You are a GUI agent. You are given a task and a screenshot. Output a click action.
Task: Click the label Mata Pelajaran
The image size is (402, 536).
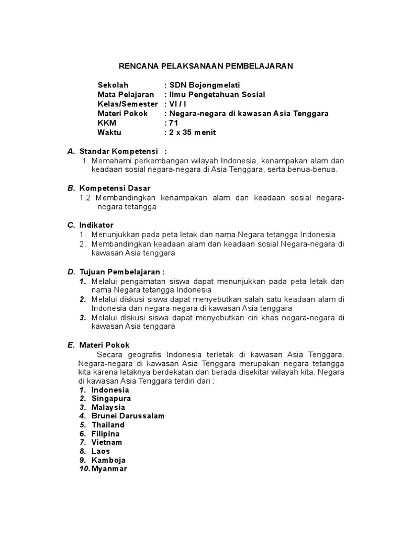pos(126,95)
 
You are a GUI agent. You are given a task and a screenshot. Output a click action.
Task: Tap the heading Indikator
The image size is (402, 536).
pos(96,225)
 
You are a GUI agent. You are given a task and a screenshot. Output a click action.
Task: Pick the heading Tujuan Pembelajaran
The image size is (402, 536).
pos(122,272)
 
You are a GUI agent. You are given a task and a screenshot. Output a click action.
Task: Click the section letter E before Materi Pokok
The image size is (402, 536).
pos(70,345)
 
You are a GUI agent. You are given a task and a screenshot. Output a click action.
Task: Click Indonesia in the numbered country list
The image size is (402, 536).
pos(110,390)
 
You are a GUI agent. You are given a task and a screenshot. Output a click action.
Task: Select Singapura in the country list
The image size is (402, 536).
pos(111,399)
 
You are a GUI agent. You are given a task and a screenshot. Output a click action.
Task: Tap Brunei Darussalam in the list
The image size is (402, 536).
pos(128,416)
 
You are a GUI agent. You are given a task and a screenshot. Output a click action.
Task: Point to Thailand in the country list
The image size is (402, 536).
pos(108,425)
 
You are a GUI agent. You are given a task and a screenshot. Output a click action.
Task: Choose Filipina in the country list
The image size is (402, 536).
pos(105,434)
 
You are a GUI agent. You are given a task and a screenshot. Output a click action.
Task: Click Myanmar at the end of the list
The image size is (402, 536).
pos(109,469)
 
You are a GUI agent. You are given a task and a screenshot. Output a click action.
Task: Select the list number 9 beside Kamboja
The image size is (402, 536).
pos(83,460)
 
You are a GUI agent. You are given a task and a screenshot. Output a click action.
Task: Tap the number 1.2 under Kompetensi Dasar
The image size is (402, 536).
pos(85,197)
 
